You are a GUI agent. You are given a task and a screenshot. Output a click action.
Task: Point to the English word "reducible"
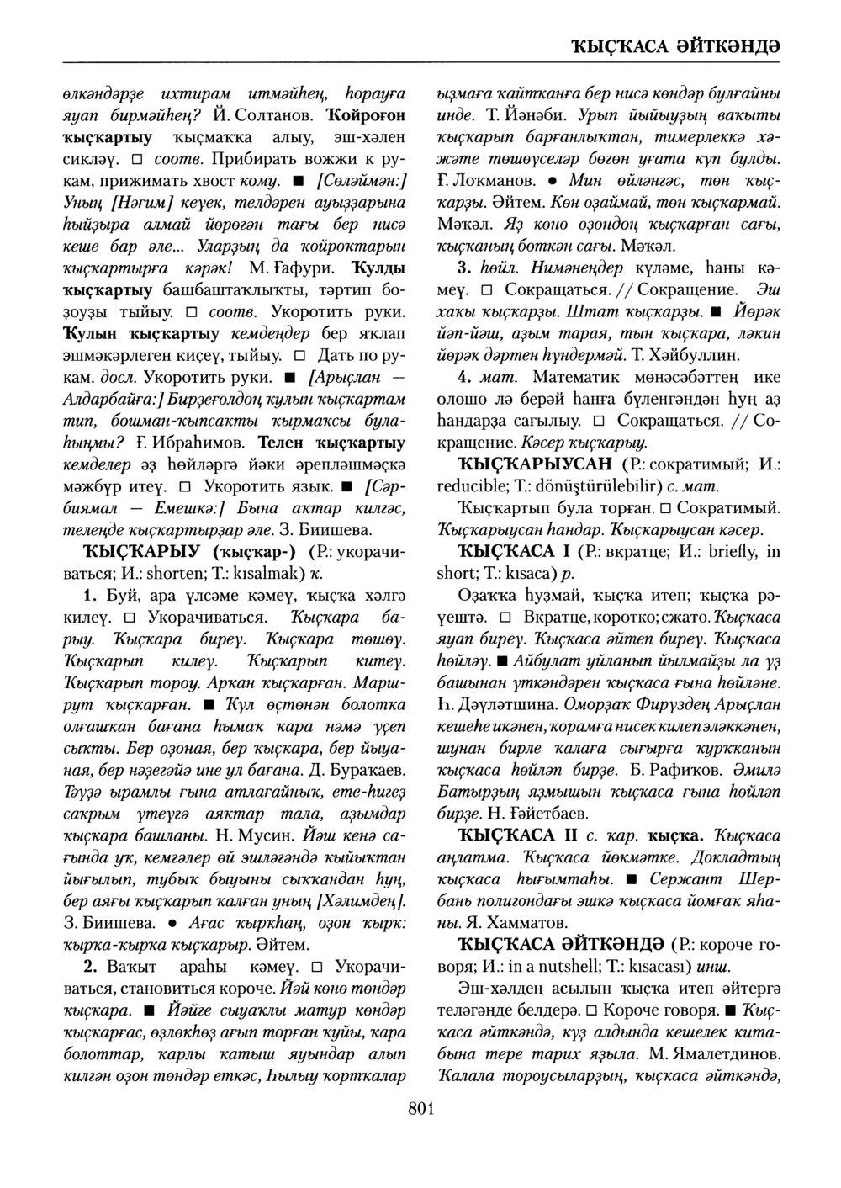click(x=473, y=487)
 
